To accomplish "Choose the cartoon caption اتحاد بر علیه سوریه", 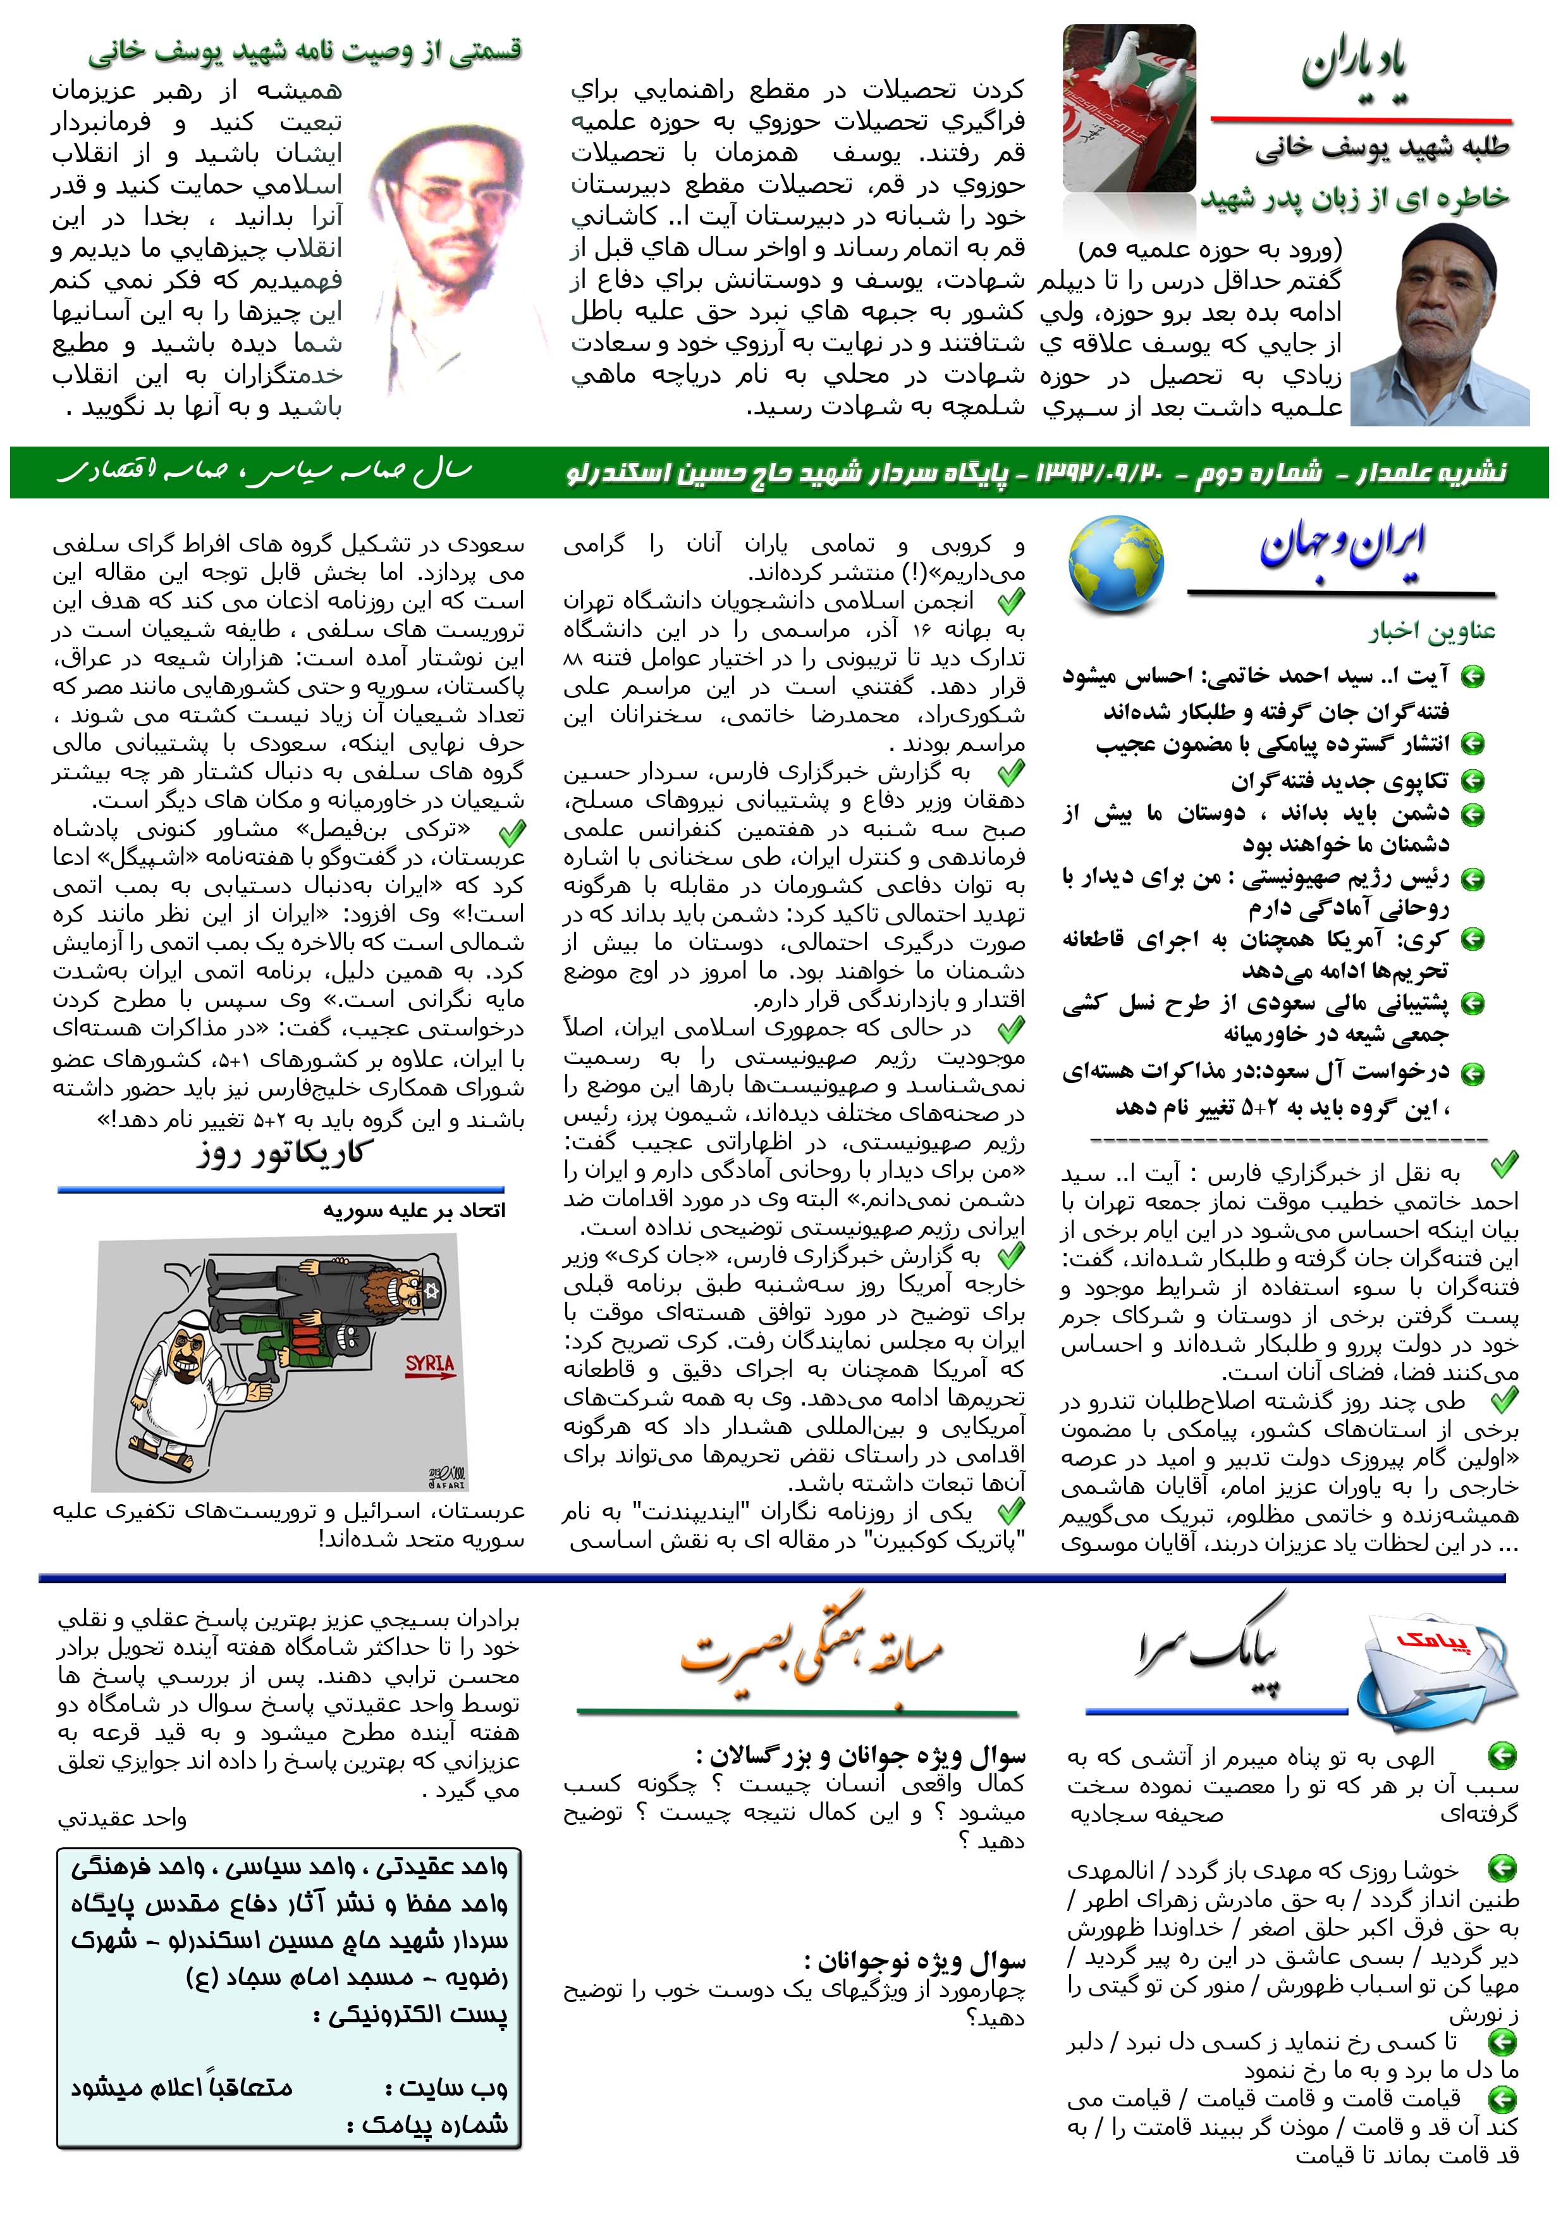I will [x=413, y=1211].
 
